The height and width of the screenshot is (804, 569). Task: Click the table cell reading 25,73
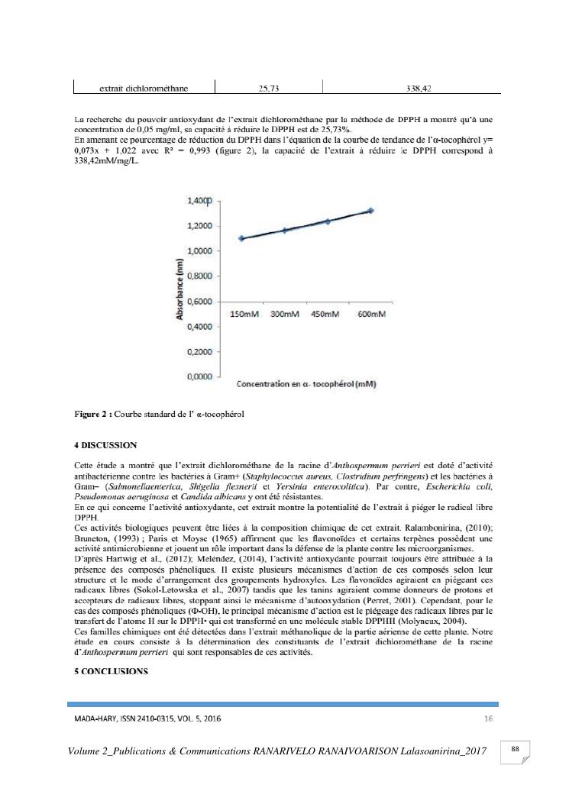(268, 89)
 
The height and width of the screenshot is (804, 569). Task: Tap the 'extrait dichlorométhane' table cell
(144, 89)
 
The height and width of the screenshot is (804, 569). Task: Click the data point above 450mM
(328, 221)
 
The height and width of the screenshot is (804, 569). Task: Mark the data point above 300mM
(284, 230)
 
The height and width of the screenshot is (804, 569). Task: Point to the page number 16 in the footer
(489, 718)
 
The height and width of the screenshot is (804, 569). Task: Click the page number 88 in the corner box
(515, 750)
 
